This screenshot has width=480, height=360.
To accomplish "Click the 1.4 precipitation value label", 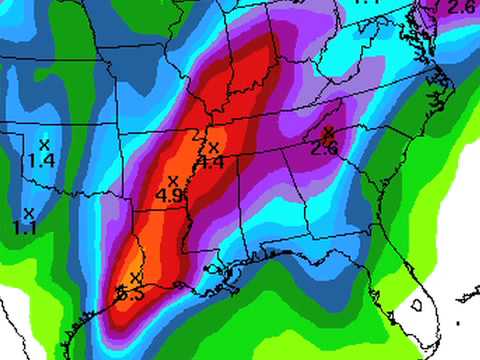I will [41, 160].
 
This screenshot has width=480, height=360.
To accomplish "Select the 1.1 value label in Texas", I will [26, 228].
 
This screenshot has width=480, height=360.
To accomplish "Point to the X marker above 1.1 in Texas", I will [28, 212].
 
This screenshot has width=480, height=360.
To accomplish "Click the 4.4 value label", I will [210, 163].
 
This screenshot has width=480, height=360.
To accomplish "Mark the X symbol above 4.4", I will [212, 148].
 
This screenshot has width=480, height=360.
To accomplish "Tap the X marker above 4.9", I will [173, 180].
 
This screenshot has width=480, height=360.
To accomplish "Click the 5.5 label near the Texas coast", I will [131, 294].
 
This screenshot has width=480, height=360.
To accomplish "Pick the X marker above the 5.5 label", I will [135, 277].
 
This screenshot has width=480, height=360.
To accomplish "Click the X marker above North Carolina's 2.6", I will [328, 132].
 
